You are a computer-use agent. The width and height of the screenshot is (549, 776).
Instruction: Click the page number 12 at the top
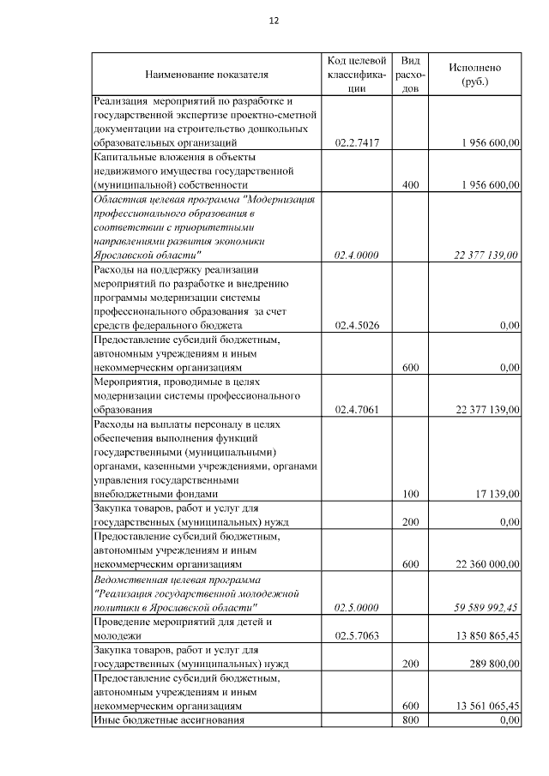pos(274,21)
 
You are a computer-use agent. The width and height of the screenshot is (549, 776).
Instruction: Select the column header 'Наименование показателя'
pos(207,75)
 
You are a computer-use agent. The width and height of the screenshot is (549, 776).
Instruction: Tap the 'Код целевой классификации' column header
pos(356,75)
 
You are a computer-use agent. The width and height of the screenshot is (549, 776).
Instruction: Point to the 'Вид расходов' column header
pos(410,75)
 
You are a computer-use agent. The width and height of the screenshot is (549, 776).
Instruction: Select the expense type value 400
pos(410,185)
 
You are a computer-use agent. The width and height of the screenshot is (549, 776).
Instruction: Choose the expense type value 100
pos(410,495)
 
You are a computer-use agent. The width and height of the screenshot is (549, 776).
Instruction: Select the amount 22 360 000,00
pos(484,565)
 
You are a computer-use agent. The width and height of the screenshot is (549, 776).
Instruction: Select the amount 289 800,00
pos(490,664)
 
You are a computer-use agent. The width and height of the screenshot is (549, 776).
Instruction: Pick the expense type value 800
pos(410,720)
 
